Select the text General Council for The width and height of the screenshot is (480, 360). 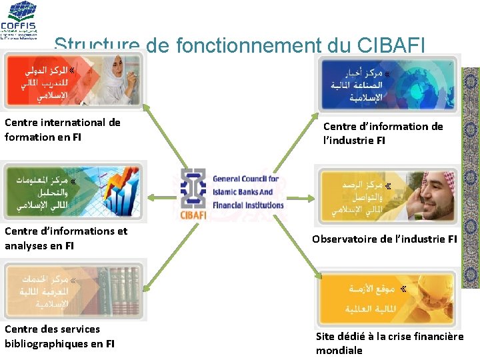pos(245,179)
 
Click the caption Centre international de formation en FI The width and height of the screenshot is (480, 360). pos(63,129)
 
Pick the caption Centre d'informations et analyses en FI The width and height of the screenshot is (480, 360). pos(66,238)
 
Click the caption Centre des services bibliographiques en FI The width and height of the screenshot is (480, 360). pos(59,336)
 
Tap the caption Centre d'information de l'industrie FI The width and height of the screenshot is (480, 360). pos(383,133)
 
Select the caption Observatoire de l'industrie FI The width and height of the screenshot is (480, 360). pos(385,239)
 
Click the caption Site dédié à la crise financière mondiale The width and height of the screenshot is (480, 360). pos(389,343)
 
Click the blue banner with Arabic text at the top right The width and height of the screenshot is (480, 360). pos(386,84)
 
